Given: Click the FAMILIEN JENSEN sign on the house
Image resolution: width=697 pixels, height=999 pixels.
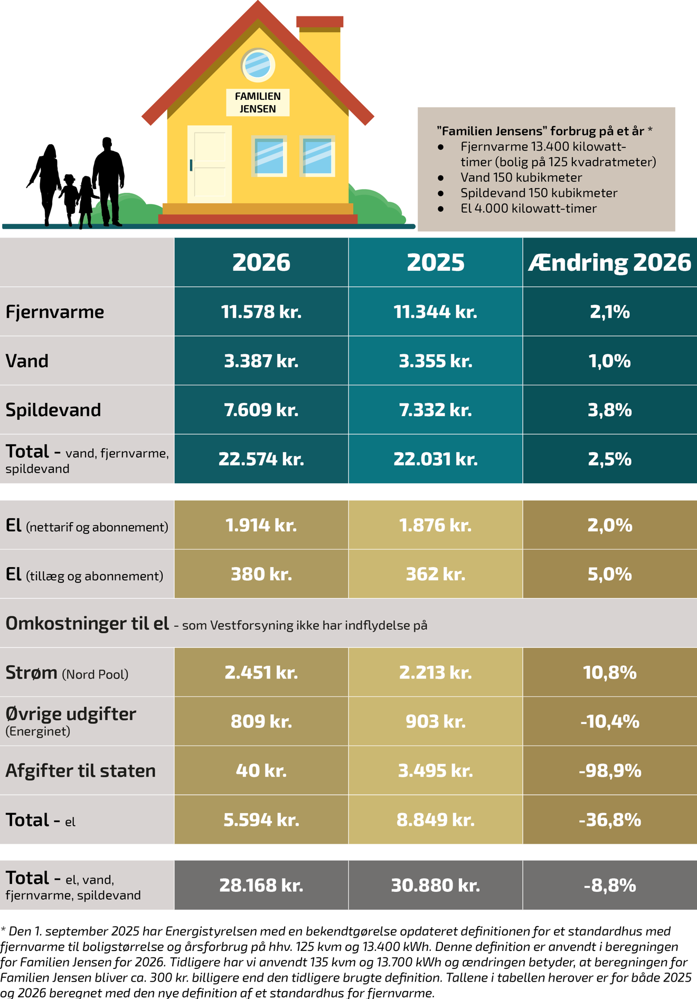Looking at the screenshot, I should coord(258,102).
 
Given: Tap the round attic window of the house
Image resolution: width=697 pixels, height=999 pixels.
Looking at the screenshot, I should coord(258,65).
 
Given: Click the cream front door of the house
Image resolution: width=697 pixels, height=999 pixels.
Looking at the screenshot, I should coord(210,164).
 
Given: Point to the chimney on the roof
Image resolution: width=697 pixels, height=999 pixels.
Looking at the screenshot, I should coord(320,45).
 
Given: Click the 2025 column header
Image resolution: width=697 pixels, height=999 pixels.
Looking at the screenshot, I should coord(435,262).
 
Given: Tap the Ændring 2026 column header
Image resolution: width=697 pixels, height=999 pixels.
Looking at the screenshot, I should coord(609,262).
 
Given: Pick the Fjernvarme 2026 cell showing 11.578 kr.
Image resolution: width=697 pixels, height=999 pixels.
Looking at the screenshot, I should coord(261,312).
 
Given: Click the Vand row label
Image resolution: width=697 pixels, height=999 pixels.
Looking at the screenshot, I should coord(27,361).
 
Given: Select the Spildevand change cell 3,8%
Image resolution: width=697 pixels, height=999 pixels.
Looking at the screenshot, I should coord(609,410).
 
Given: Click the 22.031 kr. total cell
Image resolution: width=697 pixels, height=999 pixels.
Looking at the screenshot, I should coord(435,459).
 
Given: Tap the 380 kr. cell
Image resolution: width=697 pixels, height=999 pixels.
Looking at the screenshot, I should coord(261,574).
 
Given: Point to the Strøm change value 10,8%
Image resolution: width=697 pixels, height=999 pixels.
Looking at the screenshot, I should coord(609,672).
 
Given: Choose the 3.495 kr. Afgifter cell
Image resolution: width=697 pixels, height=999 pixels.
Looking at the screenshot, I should coord(435,770).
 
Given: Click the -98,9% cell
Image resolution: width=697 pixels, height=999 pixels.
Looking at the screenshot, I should coord(609,770).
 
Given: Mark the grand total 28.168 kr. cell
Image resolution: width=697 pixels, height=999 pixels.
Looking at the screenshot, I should coord(261,885).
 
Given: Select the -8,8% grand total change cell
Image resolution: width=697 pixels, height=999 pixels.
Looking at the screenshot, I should coord(609,885).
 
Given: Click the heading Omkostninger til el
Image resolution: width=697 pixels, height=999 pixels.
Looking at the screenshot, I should coord(88,624).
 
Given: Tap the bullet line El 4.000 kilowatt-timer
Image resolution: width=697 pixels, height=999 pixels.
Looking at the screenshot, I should coord(528,208).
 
